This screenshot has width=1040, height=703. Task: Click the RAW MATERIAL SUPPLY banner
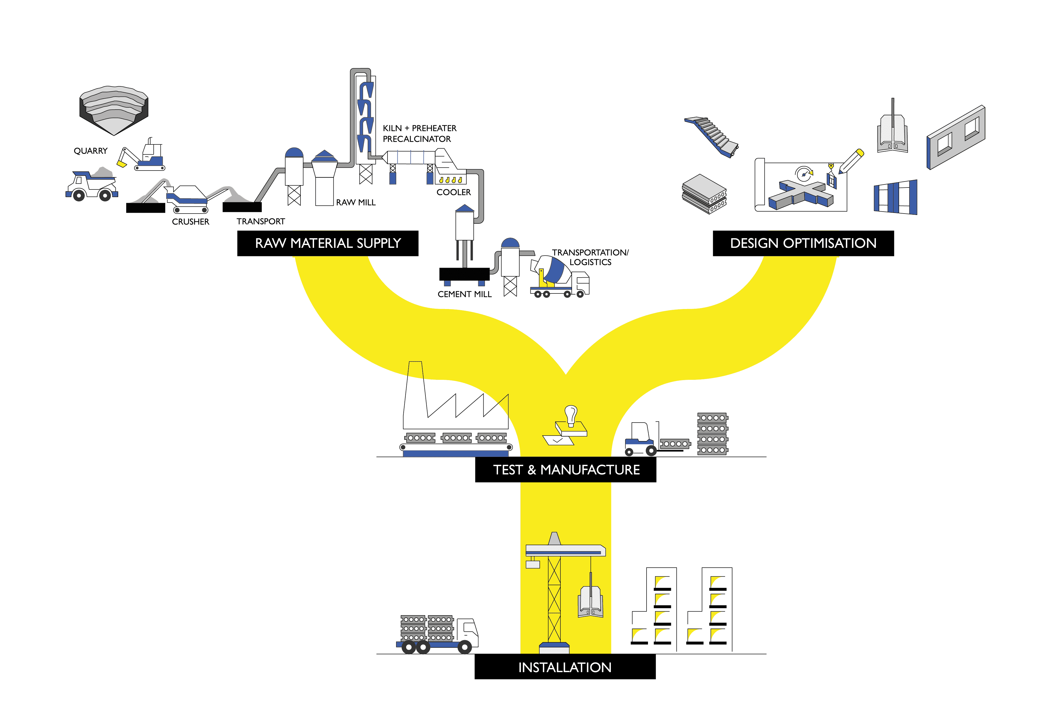click(x=328, y=243)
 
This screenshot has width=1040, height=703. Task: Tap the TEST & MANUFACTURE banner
click(x=566, y=470)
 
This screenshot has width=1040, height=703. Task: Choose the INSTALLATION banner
click(x=565, y=667)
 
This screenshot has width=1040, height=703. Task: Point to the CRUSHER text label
click(x=191, y=222)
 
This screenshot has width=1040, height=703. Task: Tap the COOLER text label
click(x=453, y=192)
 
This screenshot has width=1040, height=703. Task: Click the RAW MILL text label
click(x=356, y=203)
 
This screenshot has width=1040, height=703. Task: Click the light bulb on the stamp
click(x=571, y=414)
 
